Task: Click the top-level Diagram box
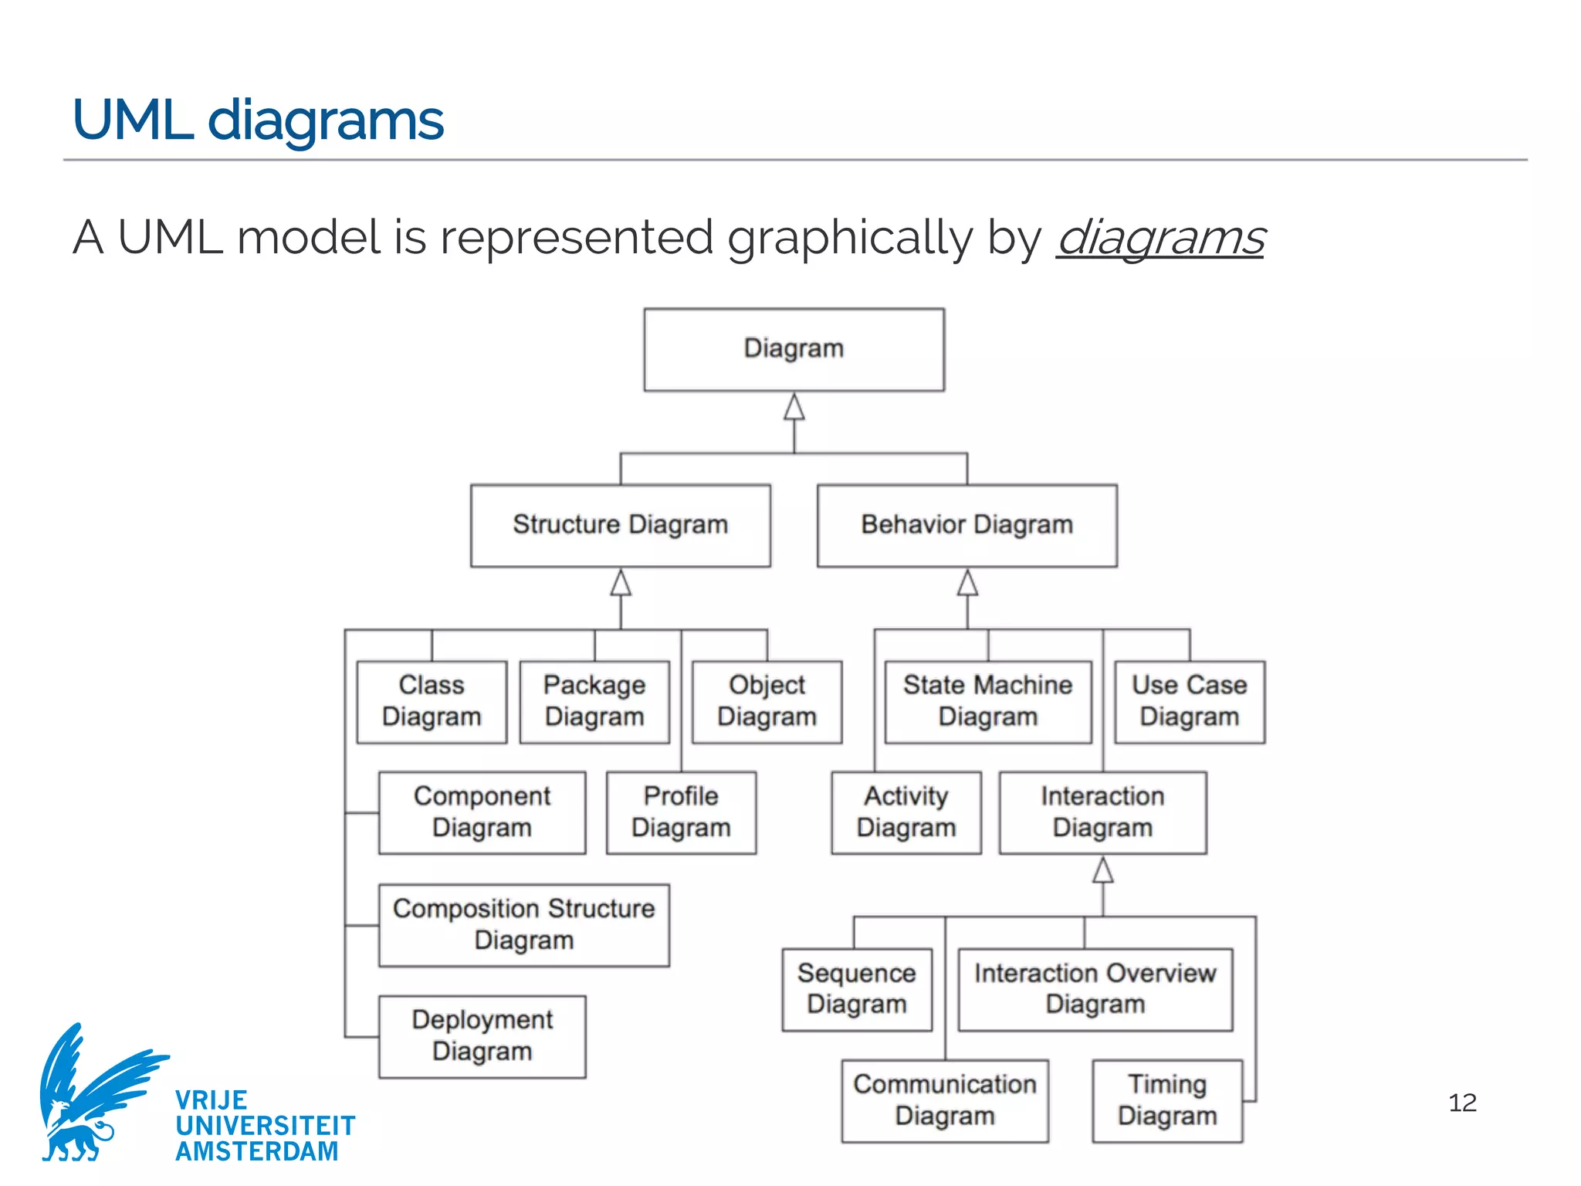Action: pyautogui.click(x=794, y=349)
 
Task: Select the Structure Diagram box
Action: pyautogui.click(x=620, y=525)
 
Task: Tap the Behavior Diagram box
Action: pyautogui.click(x=967, y=525)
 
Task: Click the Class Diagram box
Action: pyautogui.click(x=432, y=701)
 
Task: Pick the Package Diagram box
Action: pyautogui.click(x=594, y=701)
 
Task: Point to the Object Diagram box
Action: pyautogui.click(x=767, y=701)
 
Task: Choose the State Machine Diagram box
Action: pyautogui.click(x=987, y=701)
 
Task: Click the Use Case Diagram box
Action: pyautogui.click(x=1189, y=701)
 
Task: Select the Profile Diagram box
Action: pyautogui.click(x=681, y=812)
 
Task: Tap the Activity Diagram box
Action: pyautogui.click(x=906, y=812)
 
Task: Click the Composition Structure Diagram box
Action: pyautogui.click(x=523, y=924)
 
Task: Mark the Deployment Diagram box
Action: pyautogui.click(x=482, y=1036)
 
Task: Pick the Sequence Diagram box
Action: pyautogui.click(x=856, y=989)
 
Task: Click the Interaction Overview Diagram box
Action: pyautogui.click(x=1095, y=989)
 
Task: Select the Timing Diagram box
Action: pyautogui.click(x=1166, y=1100)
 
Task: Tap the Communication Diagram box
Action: pyautogui.click(x=944, y=1100)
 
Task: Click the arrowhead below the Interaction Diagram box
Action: pyautogui.click(x=1102, y=870)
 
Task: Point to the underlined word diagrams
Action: pyautogui.click(x=1160, y=238)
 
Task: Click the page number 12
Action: pyautogui.click(x=1462, y=1103)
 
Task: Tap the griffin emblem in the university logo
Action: pyautogui.click(x=93, y=1093)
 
